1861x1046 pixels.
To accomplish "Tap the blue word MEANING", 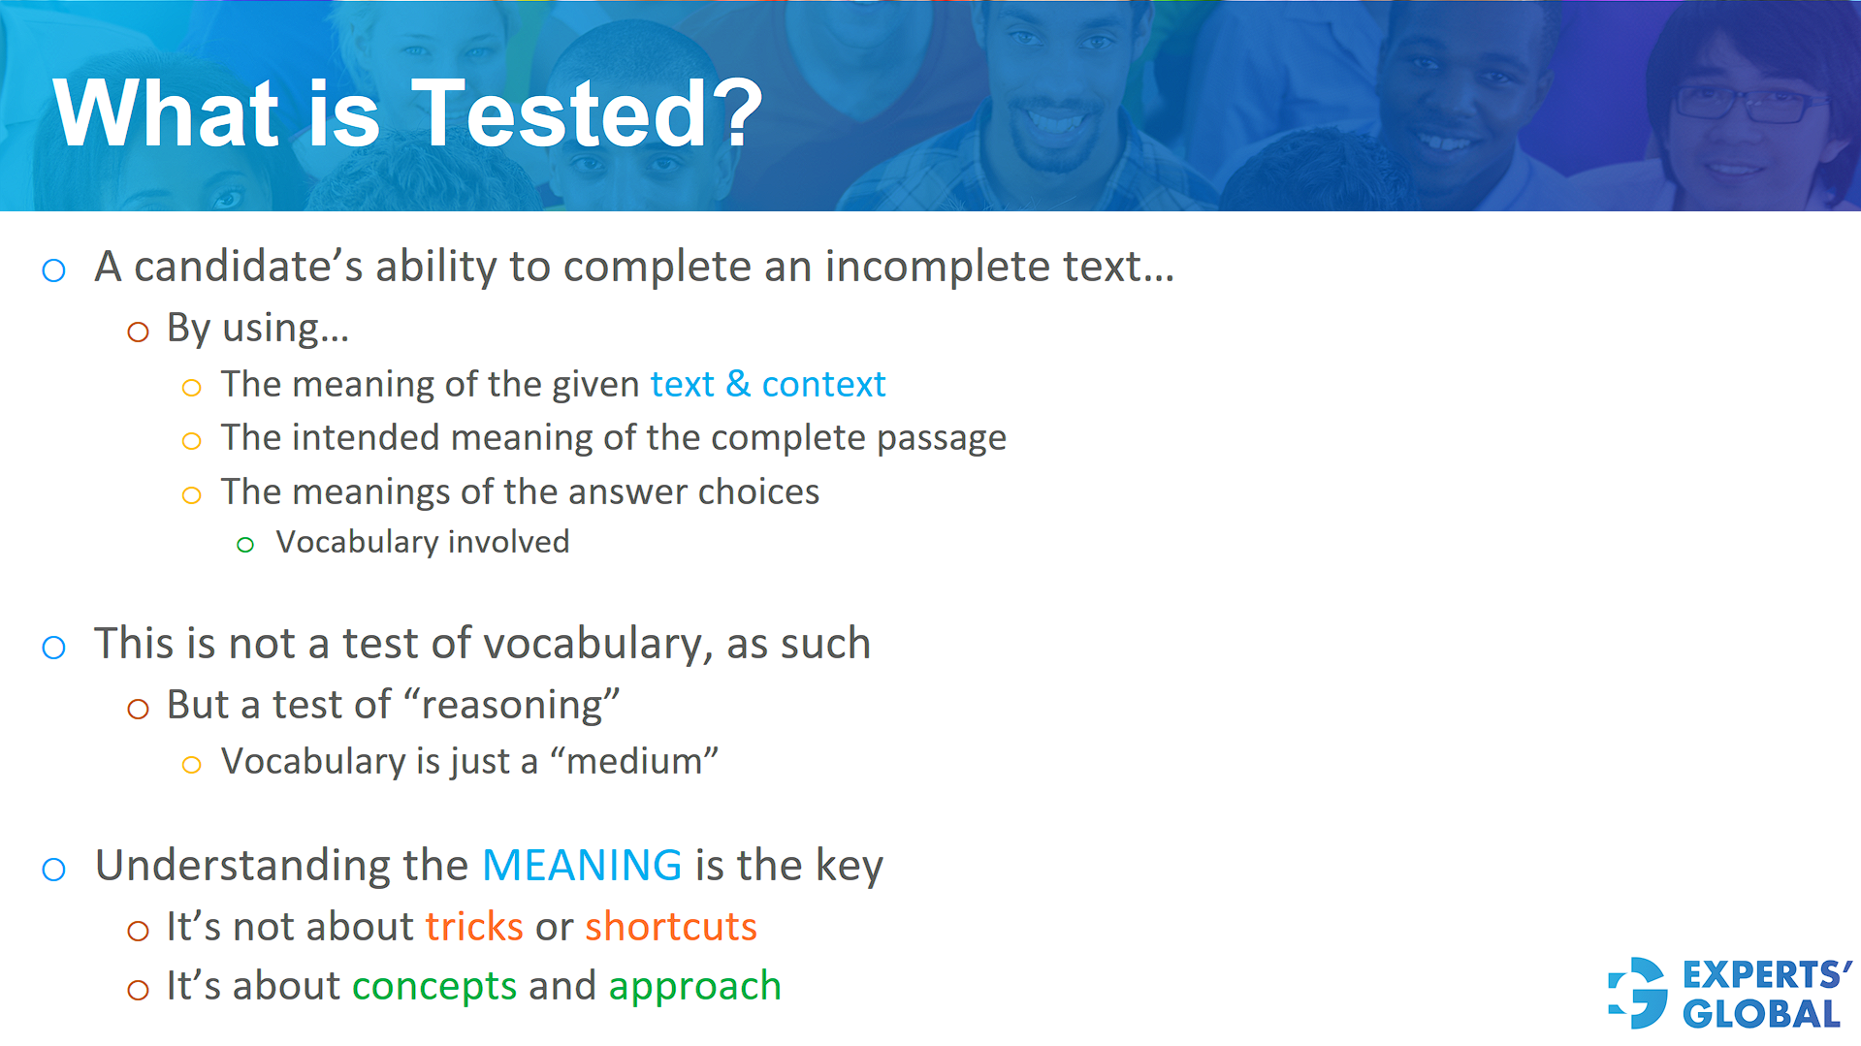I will click(x=582, y=865).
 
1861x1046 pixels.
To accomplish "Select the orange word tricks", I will click(x=474, y=927).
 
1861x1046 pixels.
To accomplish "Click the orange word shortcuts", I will click(x=670, y=927).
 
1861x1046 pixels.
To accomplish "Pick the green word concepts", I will click(x=434, y=986).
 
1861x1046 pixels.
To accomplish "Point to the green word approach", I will click(x=694, y=986).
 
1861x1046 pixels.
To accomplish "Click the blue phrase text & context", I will click(x=767, y=385).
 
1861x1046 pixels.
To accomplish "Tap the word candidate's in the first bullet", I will click(x=248, y=267).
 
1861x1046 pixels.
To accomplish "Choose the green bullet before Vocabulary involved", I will click(x=245, y=545).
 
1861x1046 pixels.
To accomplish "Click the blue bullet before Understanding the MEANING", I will click(x=54, y=869).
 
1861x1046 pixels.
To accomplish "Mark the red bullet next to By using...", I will click(x=139, y=333).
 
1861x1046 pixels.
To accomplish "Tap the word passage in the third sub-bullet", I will click(x=941, y=438).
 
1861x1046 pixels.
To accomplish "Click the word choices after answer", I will click(x=758, y=492).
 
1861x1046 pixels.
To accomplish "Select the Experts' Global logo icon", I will click(x=1638, y=993).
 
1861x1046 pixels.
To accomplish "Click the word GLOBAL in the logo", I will click(x=1761, y=1014).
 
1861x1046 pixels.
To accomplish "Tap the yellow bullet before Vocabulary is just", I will click(x=192, y=765).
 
